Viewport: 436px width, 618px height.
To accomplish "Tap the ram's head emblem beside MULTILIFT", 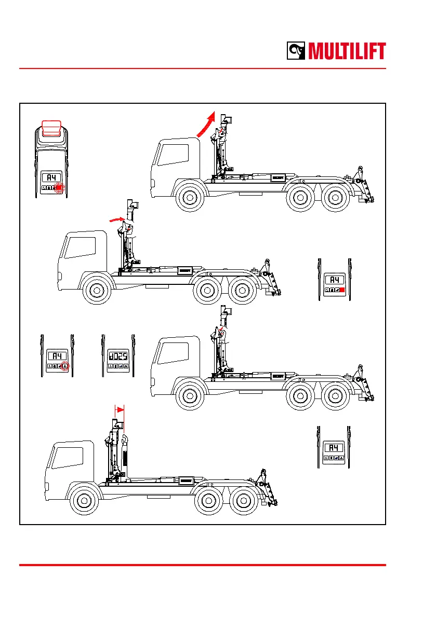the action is click(x=298, y=51).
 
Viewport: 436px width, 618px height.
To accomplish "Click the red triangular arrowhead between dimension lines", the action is click(x=121, y=409).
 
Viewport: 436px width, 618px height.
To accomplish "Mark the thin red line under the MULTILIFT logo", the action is click(x=203, y=68).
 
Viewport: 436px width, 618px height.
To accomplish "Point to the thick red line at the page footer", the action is click(x=203, y=565).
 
